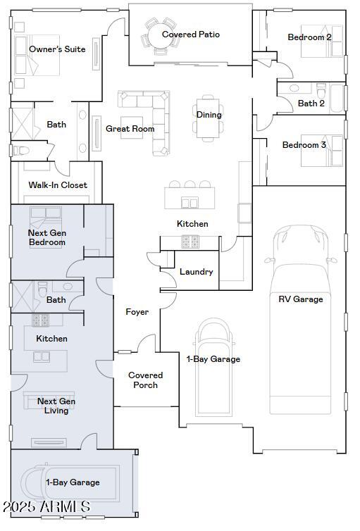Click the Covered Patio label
coord(191,35)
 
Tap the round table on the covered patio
coord(160,35)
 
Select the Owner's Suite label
coord(57,49)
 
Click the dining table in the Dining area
coord(208,118)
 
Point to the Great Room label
coord(130,129)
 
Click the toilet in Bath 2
coord(321,90)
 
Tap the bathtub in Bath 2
coord(337,98)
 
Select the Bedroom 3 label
coord(304,145)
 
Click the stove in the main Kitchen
coord(190,242)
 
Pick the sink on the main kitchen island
coord(190,203)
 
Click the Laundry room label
coord(196,272)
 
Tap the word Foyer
coord(137,312)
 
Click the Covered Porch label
coord(145,380)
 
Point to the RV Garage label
coord(300,299)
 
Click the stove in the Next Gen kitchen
coord(41,320)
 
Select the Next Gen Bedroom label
coord(46,237)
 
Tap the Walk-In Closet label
coord(58,185)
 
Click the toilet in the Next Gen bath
coord(43,289)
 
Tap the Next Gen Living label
coord(56,406)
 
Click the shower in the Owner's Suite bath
coord(23,124)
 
